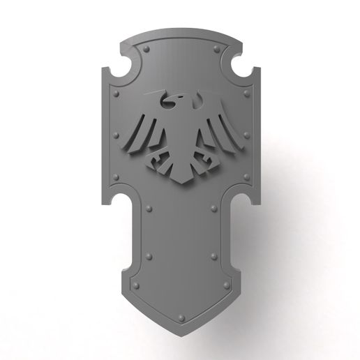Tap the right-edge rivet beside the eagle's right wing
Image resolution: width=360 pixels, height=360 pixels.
tap(243, 133)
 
